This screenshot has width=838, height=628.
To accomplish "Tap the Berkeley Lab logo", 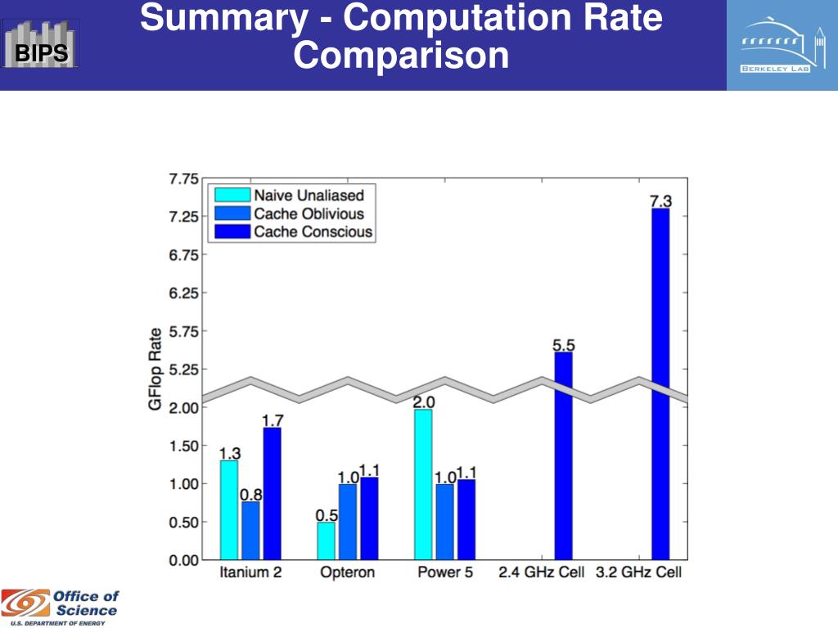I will coord(782,45).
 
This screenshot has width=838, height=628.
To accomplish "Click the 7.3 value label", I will coord(661,200).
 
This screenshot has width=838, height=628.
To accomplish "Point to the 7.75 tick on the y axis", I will coord(183,178).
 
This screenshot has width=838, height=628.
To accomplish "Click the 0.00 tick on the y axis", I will coord(183,560).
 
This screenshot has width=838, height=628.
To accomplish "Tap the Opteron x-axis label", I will coord(347,572).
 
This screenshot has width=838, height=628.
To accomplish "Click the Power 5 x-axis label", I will coord(444,572).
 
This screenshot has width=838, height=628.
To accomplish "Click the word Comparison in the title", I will coord(401,56).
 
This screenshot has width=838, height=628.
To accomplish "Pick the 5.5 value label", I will coord(564,345).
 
